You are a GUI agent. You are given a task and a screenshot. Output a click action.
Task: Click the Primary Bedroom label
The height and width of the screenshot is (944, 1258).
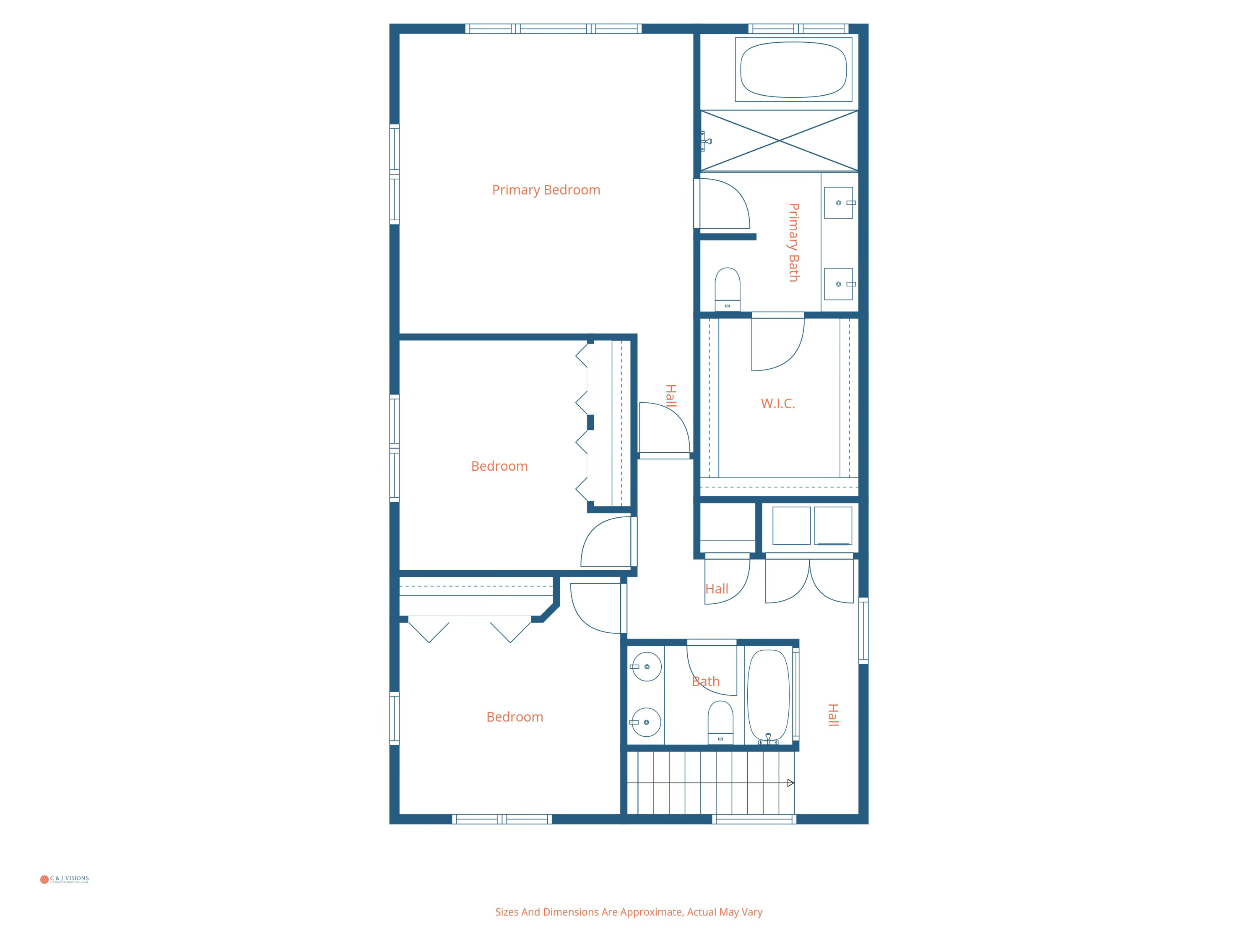[x=546, y=190]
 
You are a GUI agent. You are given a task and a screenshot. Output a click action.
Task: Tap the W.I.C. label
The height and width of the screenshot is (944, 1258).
[x=777, y=404]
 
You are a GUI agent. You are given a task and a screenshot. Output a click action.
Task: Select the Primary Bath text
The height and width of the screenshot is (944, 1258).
[x=793, y=243]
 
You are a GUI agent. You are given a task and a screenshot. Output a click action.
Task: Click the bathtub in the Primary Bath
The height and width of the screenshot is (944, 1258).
[x=793, y=69]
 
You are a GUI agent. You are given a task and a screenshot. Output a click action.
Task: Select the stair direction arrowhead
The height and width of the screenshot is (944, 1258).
[x=790, y=783]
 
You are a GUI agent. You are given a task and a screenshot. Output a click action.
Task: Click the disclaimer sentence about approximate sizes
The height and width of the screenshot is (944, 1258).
[x=629, y=912]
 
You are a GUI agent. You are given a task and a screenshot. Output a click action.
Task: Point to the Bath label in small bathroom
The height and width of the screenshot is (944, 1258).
[x=705, y=681]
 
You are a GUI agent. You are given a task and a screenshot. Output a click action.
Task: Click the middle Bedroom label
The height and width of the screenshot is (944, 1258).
[x=499, y=466]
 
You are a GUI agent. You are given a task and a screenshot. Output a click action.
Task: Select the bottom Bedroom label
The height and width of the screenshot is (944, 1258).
[x=515, y=717]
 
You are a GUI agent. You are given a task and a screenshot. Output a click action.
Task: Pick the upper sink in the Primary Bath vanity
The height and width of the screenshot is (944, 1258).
[x=838, y=203]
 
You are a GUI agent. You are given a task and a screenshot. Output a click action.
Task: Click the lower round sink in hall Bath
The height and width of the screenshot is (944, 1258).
[x=646, y=722]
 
